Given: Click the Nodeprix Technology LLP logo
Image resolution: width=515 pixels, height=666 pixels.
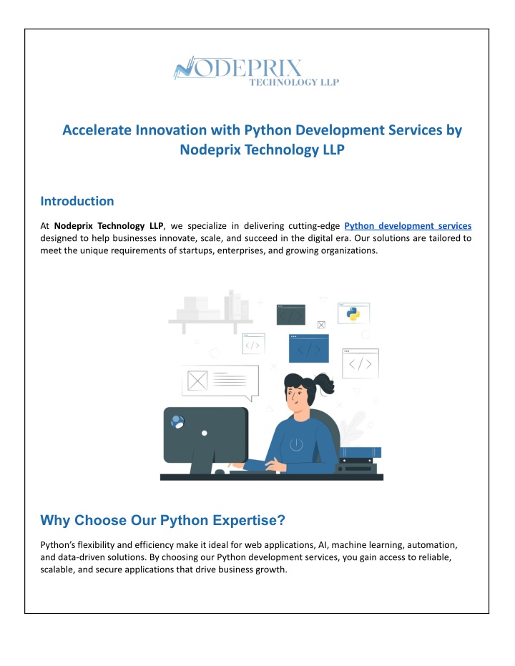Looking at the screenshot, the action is coord(257,71).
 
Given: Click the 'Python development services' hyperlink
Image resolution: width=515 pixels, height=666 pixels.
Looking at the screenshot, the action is coord(408,226).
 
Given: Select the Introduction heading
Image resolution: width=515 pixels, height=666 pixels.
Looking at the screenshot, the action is coord(77,201).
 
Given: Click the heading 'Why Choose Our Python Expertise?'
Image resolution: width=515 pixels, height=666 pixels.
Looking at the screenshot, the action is coord(162,520).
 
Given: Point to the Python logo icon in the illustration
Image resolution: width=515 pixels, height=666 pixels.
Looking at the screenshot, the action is coord(353,314).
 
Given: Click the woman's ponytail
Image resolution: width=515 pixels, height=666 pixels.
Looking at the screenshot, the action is coord(325,383).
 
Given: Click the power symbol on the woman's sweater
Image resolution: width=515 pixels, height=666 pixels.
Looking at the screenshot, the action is coord(296,444).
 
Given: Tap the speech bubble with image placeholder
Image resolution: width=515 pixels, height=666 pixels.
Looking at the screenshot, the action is coord(220,382).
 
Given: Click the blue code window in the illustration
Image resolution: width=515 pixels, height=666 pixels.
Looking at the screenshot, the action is coord(309,348).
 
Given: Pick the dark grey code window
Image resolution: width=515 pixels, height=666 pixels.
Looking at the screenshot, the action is coord(291,315).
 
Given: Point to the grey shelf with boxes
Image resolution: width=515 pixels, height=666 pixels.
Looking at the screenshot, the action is coord(210,312).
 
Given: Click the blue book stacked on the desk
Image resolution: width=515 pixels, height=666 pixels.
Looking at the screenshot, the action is coord(360,452).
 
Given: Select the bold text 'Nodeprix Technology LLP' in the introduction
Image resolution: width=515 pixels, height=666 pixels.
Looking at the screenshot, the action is coord(109,226).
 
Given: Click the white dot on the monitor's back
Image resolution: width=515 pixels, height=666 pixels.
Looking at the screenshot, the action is coord(205,434).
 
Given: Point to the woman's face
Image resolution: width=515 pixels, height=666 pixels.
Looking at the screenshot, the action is coord(295,398).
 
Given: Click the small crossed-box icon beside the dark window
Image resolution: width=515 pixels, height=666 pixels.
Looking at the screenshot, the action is coord(321,325).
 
